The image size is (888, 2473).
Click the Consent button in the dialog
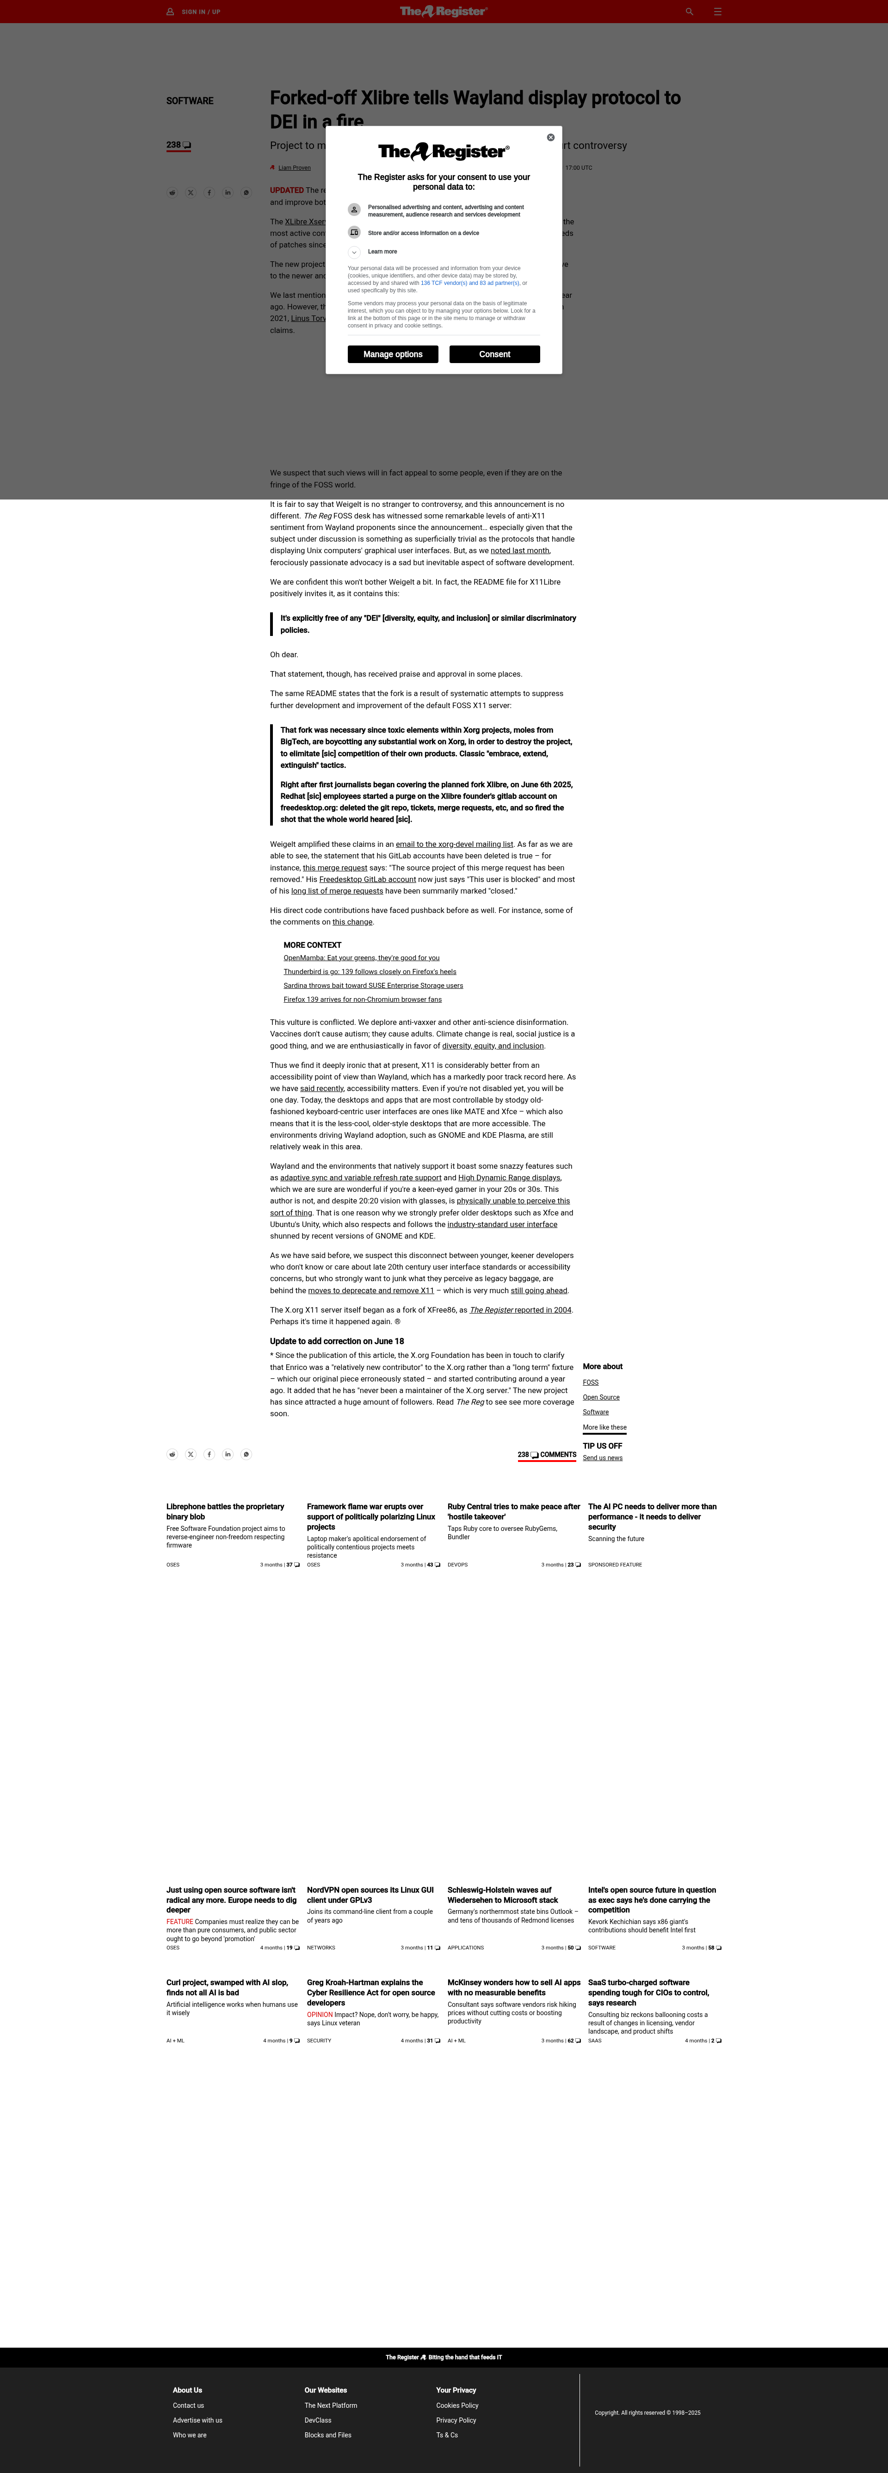pos(494,354)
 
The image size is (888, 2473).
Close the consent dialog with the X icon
pos(550,137)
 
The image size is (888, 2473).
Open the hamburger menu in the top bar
pos(717,12)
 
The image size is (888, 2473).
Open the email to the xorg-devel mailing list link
pos(454,844)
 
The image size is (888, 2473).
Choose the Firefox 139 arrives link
pos(362,999)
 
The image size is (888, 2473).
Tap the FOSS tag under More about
pos(591,1382)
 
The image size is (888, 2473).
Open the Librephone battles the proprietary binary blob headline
pos(225,1511)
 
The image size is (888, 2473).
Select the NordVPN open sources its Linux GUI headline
pos(370,1894)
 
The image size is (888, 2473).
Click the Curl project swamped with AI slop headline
pos(227,1986)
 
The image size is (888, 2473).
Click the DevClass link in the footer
pos(318,2420)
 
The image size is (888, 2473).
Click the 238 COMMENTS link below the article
pos(547,1455)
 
